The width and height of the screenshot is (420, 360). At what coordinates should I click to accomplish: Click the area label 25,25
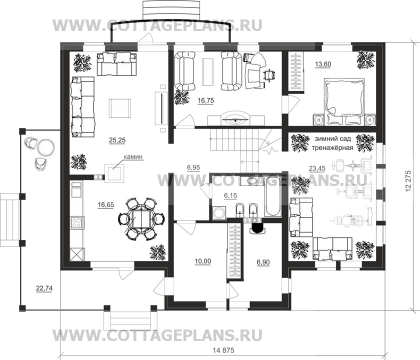pos(117,140)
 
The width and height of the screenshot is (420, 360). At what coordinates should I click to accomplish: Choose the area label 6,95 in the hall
pos(193,168)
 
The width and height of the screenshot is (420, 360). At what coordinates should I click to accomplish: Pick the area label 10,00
pos(202,260)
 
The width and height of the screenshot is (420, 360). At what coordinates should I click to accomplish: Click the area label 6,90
pos(263,260)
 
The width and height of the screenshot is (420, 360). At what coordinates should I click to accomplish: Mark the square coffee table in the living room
pos(120,107)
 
